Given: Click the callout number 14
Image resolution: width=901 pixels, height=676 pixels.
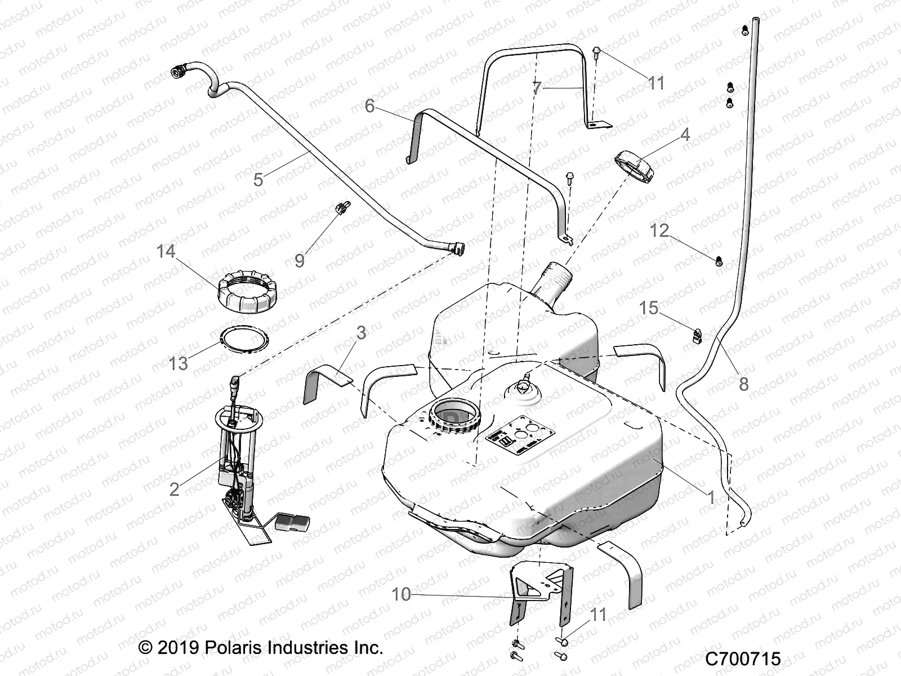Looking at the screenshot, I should tap(166, 251).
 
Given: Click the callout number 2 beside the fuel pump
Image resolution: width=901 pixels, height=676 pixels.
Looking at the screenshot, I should tap(175, 488).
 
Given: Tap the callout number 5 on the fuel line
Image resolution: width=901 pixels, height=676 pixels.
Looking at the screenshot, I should tap(258, 180).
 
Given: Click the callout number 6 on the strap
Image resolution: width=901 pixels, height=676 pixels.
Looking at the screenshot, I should tap(369, 105).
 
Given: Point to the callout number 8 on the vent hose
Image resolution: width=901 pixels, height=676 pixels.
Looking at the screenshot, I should tap(744, 384).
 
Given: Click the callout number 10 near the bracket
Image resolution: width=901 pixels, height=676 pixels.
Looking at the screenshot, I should tap(402, 594).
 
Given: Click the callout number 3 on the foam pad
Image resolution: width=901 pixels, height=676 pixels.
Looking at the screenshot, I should tap(361, 333).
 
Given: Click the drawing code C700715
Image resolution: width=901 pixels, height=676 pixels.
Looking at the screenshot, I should tap(743, 659).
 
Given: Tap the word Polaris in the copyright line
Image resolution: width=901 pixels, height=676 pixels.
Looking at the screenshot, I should tap(232, 647).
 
